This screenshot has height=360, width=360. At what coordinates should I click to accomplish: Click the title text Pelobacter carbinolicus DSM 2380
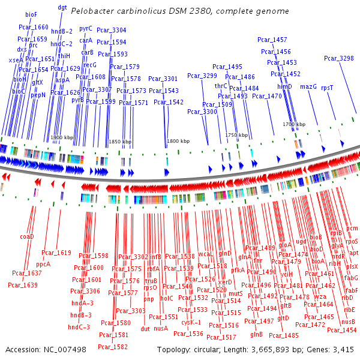coord(179,11)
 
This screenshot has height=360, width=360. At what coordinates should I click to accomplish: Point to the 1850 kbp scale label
coord(120,142)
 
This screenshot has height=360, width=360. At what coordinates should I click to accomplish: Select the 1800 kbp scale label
coord(178,141)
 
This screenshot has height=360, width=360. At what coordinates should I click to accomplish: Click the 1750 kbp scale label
coord(236,136)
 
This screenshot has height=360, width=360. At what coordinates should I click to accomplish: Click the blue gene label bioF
coord(31,13)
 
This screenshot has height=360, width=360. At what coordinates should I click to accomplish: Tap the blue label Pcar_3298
coord(338,58)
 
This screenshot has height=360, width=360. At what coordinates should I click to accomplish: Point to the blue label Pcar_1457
coord(272,40)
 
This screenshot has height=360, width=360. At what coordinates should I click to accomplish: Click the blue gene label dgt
coord(62,7)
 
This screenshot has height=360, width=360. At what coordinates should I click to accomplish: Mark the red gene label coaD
coord(27,236)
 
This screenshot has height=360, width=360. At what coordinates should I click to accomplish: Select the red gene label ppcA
coord(43,263)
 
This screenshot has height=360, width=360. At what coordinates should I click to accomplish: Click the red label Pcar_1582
coord(112,346)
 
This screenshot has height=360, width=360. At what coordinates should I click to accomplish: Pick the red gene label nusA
coord(161,328)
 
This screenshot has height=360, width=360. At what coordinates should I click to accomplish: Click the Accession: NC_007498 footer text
coord(46,349)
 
